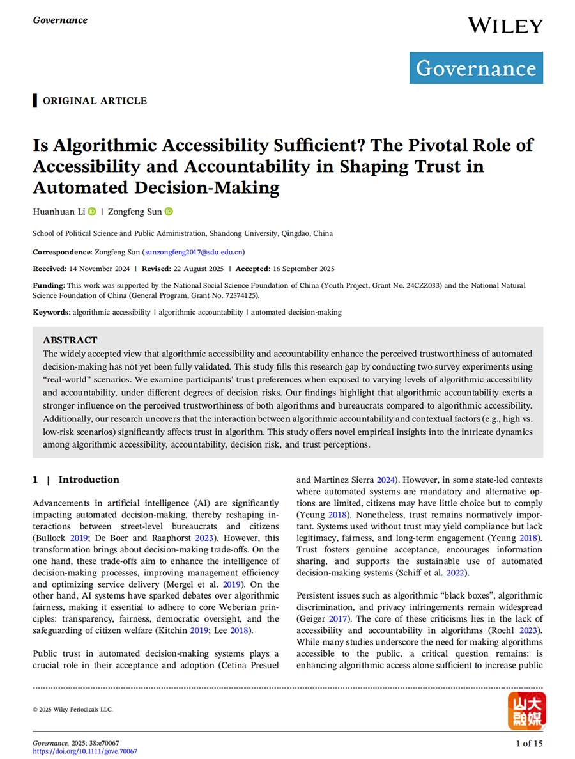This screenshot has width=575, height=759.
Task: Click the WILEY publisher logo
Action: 505,26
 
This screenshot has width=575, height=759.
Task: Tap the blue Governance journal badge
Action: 476,68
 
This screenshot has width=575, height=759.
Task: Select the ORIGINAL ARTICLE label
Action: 95,101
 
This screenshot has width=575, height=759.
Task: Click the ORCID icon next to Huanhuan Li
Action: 92,212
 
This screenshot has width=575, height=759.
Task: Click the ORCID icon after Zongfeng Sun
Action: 169,212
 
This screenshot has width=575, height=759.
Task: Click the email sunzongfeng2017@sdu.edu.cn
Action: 192,252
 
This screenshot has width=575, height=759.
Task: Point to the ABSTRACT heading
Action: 70,340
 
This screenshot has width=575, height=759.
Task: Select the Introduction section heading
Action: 89,480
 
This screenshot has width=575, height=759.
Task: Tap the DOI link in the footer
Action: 85,751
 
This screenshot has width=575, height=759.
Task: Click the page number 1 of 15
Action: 528,743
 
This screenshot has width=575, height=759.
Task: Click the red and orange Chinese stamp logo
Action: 526,711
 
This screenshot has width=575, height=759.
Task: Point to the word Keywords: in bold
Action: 52,312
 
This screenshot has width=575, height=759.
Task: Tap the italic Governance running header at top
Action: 60,20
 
